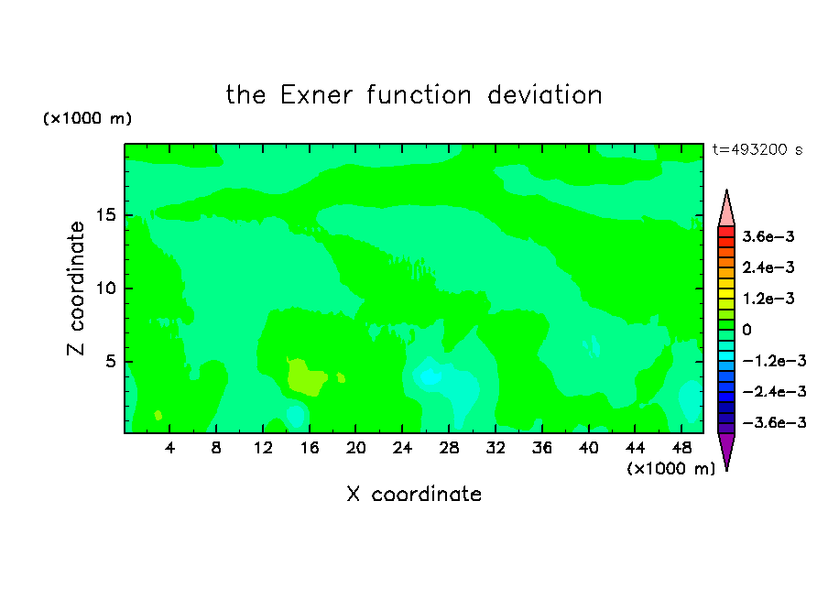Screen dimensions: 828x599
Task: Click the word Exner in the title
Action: click(316, 95)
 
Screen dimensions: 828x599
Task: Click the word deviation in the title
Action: click(544, 95)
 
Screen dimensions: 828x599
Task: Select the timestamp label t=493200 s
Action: click(757, 149)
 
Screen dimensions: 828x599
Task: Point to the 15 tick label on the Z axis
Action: click(106, 215)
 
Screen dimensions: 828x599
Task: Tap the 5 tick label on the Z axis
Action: click(111, 361)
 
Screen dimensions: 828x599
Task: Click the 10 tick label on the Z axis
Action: click(106, 289)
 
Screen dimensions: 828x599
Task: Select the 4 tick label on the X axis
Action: click(169, 448)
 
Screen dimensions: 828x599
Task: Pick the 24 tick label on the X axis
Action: click(402, 448)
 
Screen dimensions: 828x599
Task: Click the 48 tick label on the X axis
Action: click(681, 448)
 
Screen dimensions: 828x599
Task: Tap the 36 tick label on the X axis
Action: click(542, 448)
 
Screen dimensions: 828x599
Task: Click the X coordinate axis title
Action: click(414, 495)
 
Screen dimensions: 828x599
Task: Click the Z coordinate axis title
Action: click(76, 289)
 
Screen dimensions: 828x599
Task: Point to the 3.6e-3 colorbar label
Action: click(768, 236)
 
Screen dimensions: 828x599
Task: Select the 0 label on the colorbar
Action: click(746, 330)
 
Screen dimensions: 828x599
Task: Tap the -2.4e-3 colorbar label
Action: click(775, 392)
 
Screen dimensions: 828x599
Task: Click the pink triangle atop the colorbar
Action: click(726, 211)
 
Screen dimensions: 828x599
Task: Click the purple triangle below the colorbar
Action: click(726, 449)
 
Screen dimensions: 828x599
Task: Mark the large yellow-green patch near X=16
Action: click(306, 377)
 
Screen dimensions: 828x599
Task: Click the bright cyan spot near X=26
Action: click(430, 377)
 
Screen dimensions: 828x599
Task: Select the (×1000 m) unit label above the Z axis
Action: click(87, 118)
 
